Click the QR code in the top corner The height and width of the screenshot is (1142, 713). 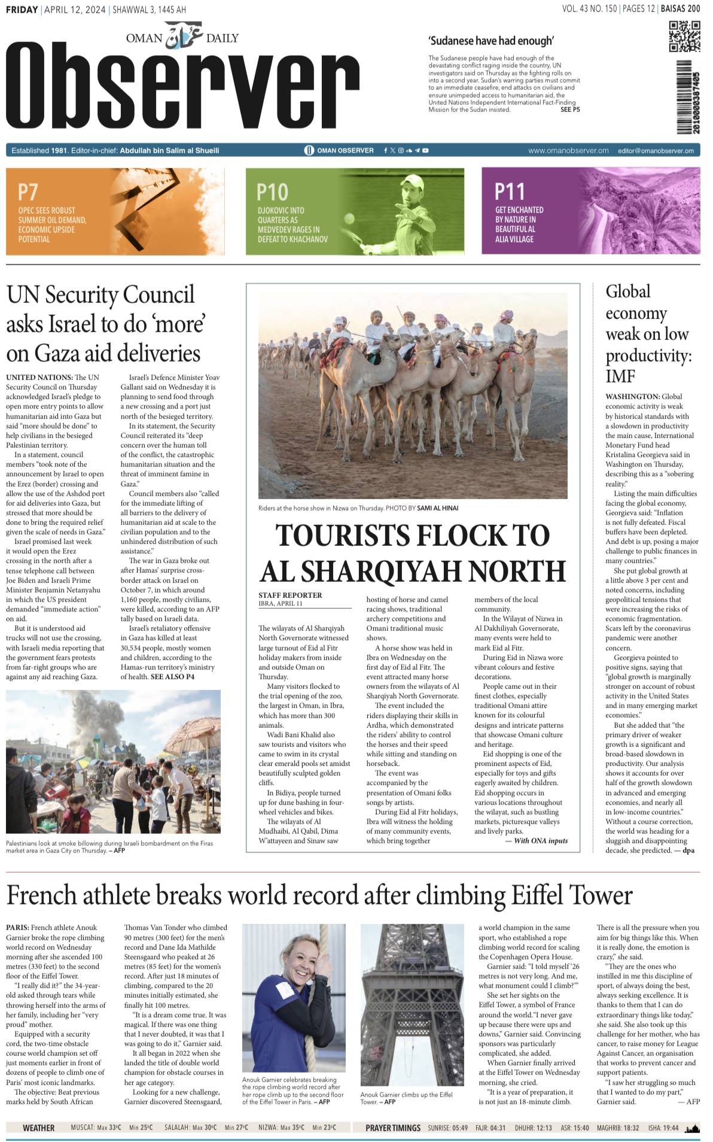(x=684, y=37)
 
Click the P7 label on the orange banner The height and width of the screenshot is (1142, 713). (x=28, y=192)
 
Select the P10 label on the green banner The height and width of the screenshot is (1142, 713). (x=272, y=192)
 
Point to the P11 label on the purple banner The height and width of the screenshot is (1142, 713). (x=510, y=192)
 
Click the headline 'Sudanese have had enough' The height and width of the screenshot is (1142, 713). (x=490, y=41)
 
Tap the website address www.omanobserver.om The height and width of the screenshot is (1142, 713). (x=568, y=151)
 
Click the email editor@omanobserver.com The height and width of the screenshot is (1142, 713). (x=656, y=151)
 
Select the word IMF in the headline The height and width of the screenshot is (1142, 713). (x=620, y=376)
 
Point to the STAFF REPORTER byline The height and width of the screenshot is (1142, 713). (x=290, y=595)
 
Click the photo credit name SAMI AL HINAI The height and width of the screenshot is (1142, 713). (x=437, y=508)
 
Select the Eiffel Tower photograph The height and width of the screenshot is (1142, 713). (x=412, y=1006)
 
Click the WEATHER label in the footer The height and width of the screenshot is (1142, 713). (x=38, y=1128)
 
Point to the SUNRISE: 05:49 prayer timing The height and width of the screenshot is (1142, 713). (x=447, y=1128)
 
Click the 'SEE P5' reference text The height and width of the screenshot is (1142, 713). (x=569, y=110)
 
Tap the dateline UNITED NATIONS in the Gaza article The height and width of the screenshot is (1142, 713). (x=39, y=377)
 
